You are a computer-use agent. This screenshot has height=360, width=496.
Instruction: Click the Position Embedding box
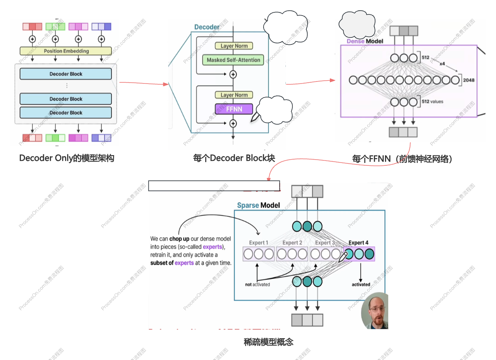point(66,51)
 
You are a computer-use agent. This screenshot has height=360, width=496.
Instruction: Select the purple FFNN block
point(234,109)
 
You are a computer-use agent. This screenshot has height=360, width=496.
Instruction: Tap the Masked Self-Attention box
point(233,60)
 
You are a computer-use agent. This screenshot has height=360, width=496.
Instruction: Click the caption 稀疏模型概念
point(269,342)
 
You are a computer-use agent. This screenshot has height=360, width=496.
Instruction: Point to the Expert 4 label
point(359,243)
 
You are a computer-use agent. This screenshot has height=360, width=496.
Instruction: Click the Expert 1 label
point(258,243)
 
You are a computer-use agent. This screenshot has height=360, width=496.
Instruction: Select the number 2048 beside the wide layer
point(468,80)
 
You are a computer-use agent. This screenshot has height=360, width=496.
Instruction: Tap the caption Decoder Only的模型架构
point(66,158)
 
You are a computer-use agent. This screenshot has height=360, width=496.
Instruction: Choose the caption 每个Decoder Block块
point(234,158)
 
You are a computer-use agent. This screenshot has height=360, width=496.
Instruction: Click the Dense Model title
point(365,41)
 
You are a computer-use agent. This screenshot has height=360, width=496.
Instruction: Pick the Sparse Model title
point(258,205)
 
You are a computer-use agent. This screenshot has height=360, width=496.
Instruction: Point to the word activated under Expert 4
point(361,284)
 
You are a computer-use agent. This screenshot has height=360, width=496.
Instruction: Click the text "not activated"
point(257,284)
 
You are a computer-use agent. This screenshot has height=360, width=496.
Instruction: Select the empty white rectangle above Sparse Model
point(214,186)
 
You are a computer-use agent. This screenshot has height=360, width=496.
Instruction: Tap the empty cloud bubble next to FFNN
point(274,110)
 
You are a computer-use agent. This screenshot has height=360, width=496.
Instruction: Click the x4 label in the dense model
point(442,64)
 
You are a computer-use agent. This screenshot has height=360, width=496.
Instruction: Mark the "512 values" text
point(432,101)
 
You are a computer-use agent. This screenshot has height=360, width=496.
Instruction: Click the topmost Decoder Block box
point(66,74)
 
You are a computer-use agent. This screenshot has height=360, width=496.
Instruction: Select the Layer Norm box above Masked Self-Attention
point(234,46)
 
